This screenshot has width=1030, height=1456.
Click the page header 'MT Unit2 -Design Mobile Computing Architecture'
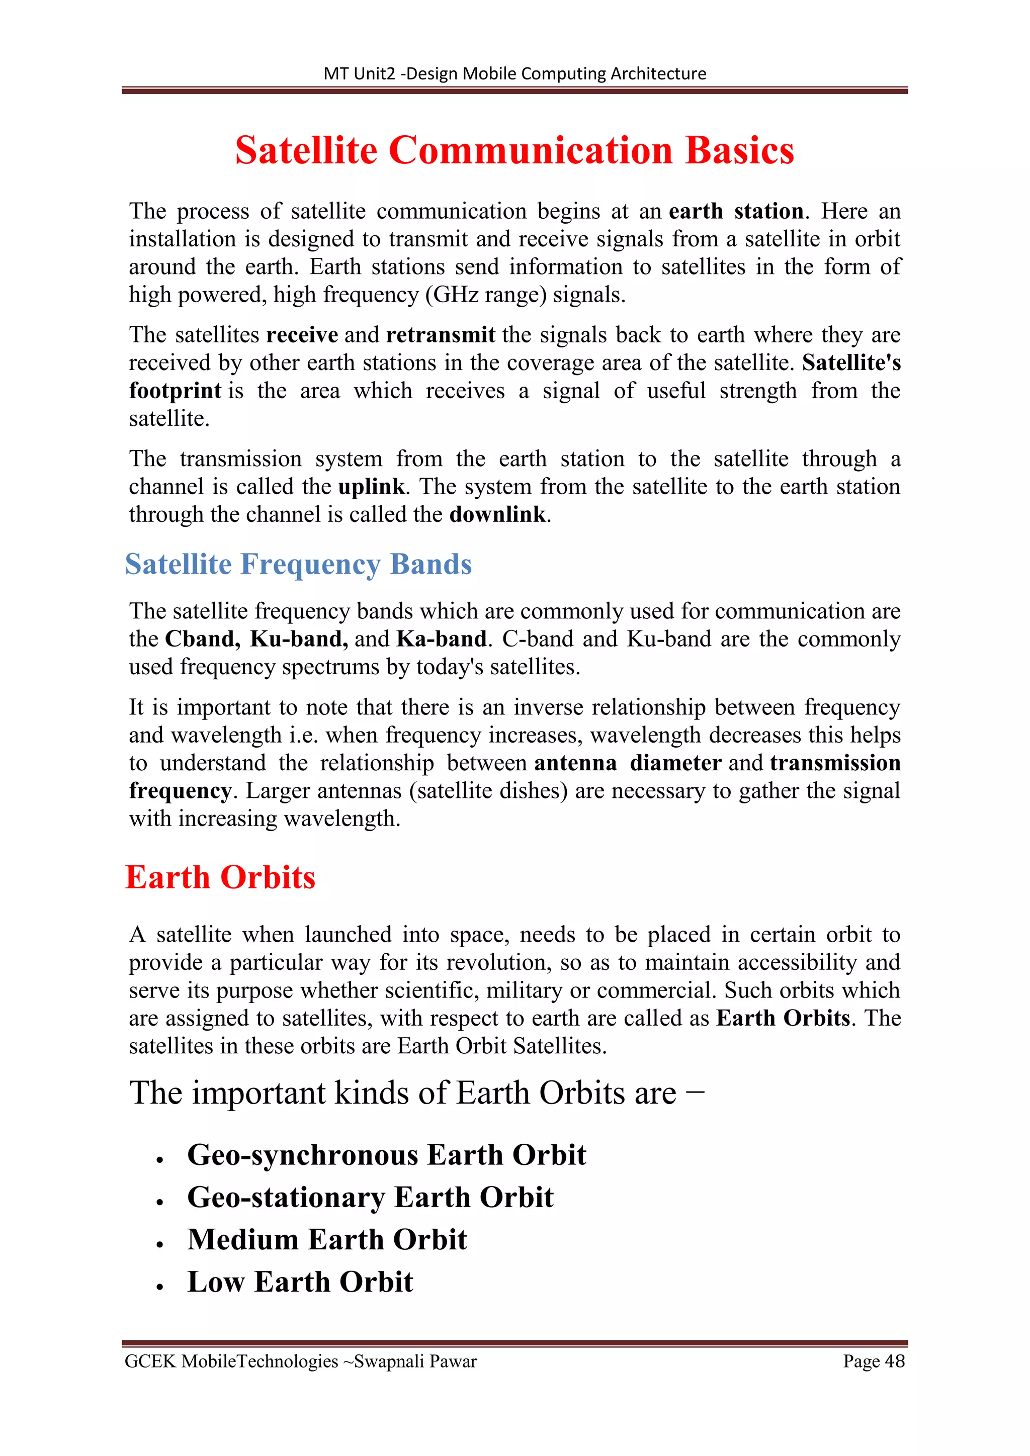(x=514, y=73)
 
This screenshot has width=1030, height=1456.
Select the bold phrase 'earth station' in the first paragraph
(x=736, y=211)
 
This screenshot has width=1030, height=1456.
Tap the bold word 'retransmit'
(x=440, y=335)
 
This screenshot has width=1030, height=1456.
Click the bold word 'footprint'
(x=175, y=391)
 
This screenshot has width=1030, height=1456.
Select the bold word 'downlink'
(x=497, y=515)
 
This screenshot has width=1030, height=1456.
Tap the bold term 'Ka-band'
(x=442, y=639)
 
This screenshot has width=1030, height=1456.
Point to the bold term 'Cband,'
(x=202, y=639)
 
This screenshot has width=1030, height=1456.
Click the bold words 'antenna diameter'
(x=628, y=763)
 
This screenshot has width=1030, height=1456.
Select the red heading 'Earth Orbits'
(x=220, y=878)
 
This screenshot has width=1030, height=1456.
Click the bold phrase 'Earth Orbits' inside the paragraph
(x=783, y=1019)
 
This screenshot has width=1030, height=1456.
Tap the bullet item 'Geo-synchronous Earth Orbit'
(x=386, y=1155)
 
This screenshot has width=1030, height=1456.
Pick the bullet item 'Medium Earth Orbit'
(x=327, y=1240)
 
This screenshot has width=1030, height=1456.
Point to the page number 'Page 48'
(x=874, y=1361)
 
